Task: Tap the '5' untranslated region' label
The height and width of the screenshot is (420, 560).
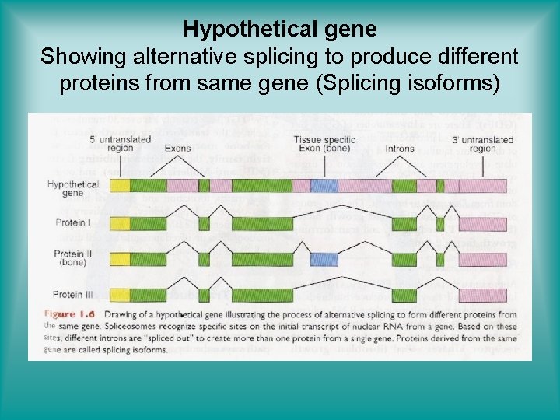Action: coord(117,144)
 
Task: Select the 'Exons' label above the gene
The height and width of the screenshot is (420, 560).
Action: coord(177,148)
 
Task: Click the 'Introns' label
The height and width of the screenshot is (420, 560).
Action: coord(400,148)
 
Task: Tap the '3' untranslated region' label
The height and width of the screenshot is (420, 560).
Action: coord(484,144)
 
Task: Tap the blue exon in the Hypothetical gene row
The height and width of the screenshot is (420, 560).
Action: coord(324,185)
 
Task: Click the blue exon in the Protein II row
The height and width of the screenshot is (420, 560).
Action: coord(324,259)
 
